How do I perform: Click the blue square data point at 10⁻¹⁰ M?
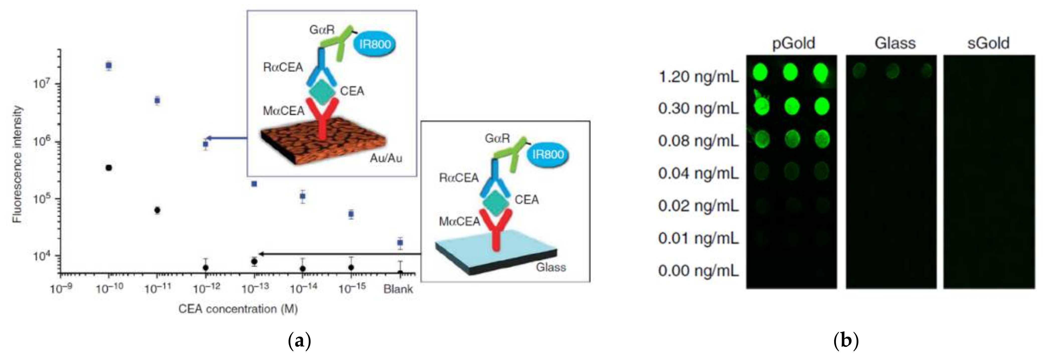(x=109, y=65)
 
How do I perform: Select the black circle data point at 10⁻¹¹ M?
(x=157, y=210)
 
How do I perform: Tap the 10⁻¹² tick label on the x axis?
(x=207, y=289)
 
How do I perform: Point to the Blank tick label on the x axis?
(x=398, y=289)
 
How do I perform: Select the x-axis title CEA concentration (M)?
(x=238, y=309)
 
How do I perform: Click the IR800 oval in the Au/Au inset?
(x=375, y=44)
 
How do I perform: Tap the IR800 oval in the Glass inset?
(x=548, y=154)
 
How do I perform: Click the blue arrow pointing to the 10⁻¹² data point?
(x=227, y=138)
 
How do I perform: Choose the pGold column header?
(x=793, y=43)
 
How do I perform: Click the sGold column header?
(x=988, y=43)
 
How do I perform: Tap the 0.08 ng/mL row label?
(x=698, y=141)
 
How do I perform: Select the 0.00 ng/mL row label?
(x=698, y=271)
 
